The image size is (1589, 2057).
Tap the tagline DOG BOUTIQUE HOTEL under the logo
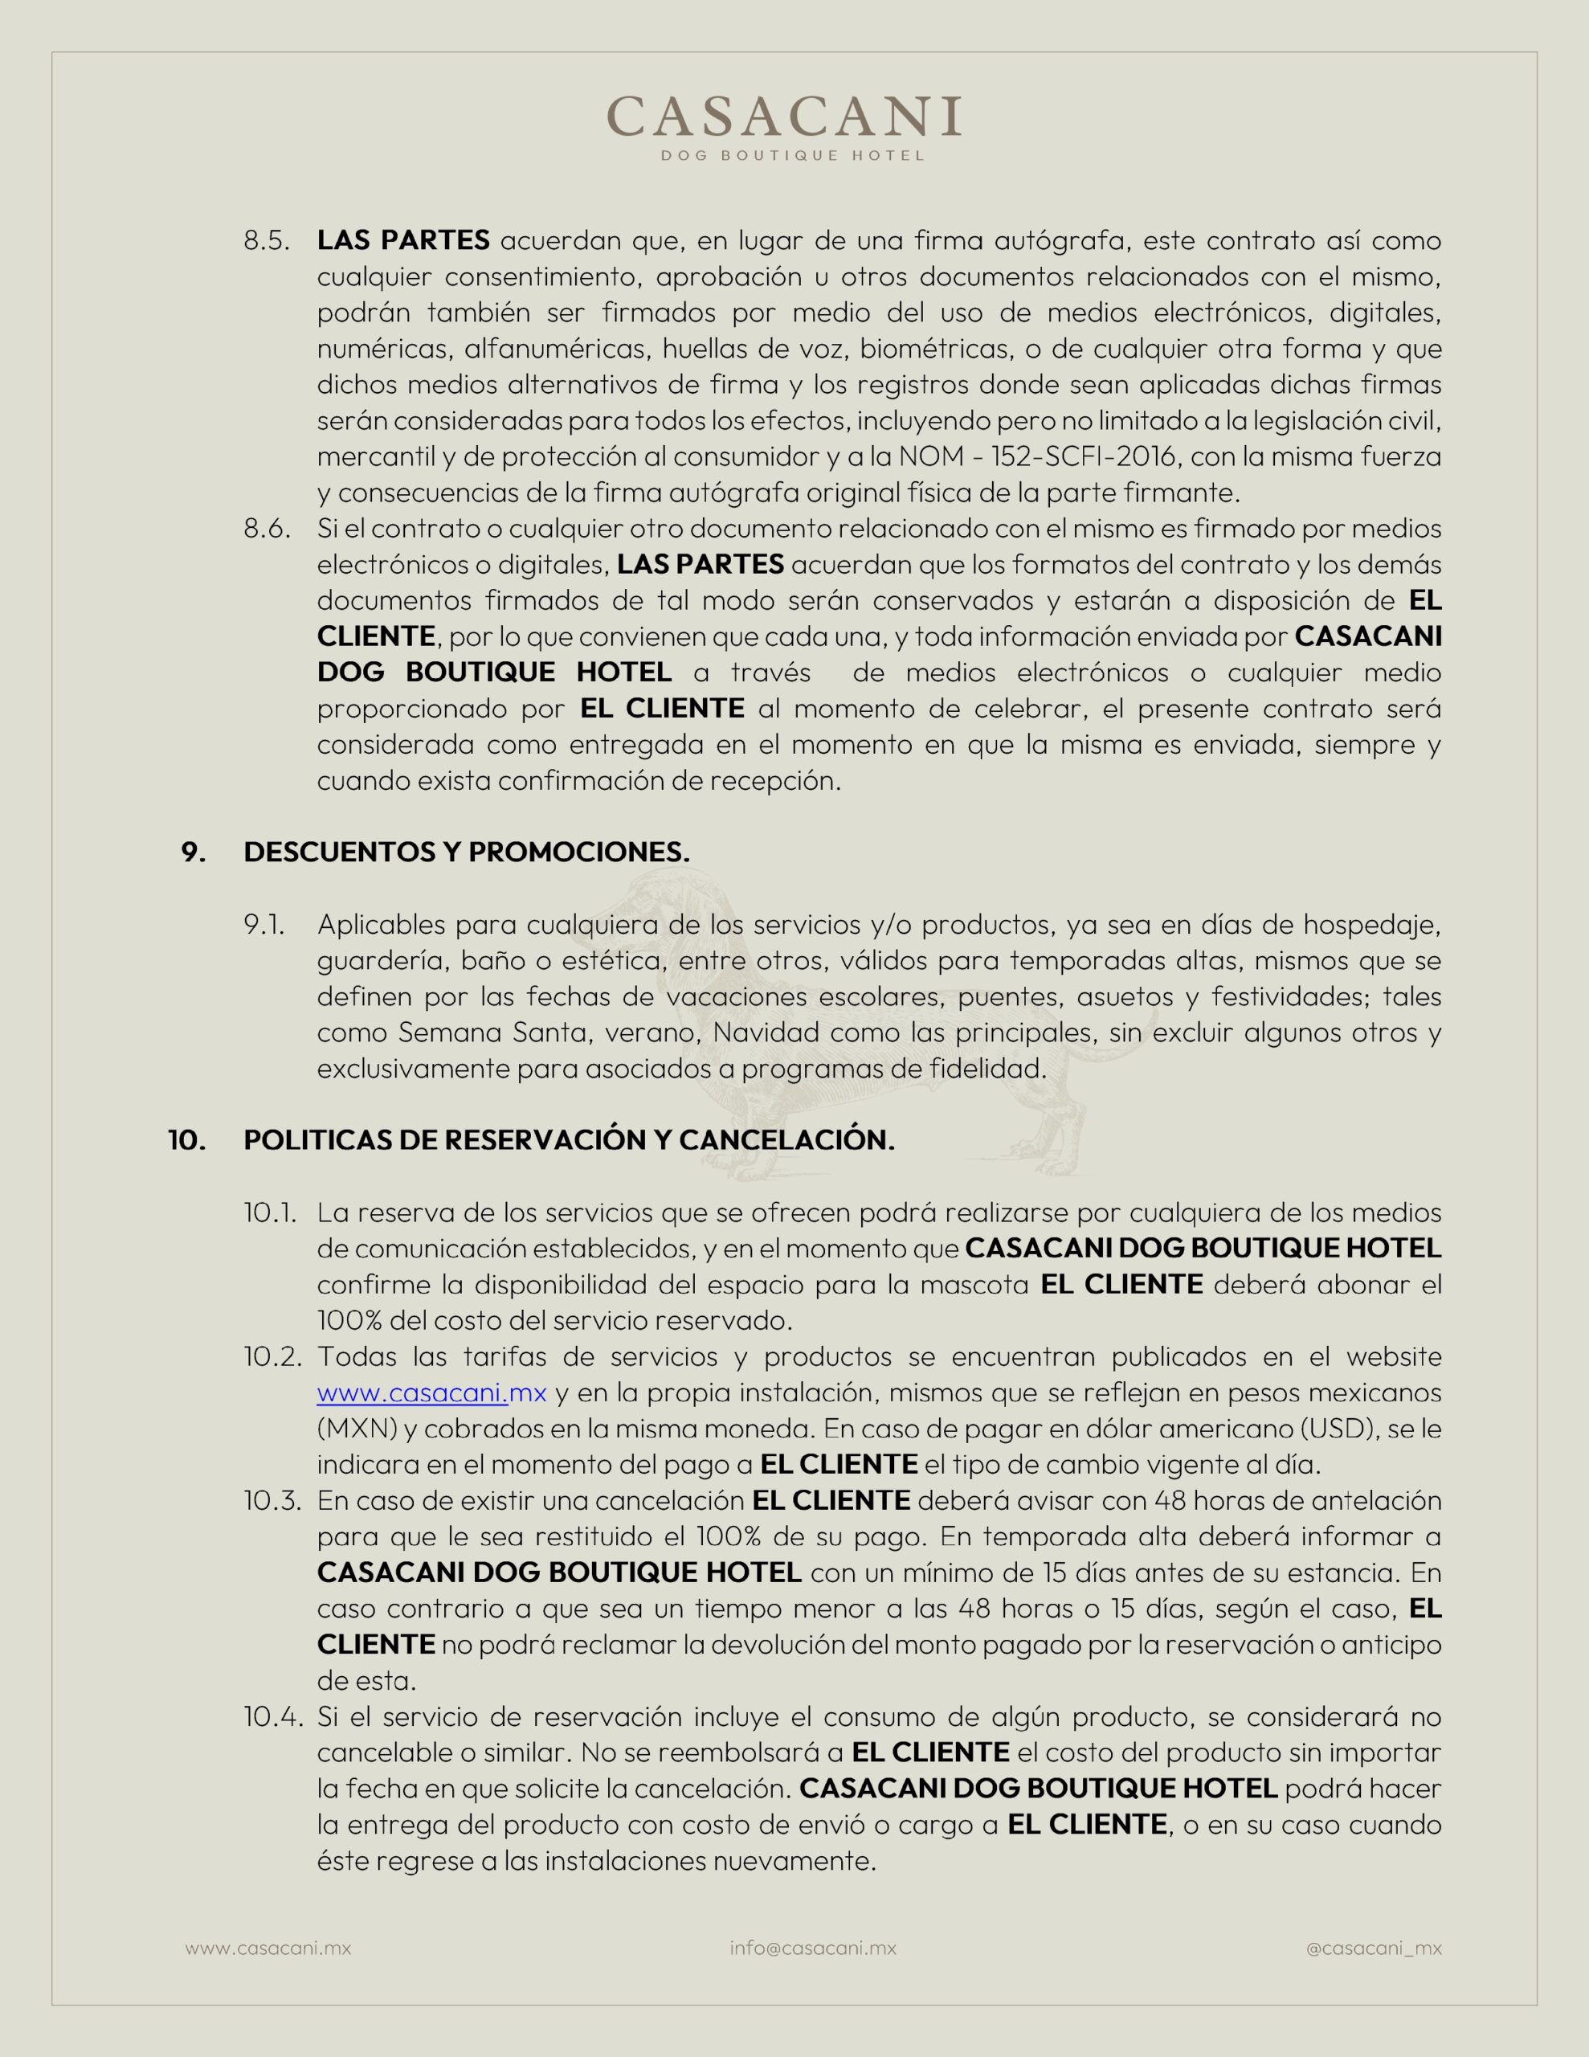pyautogui.click(x=792, y=155)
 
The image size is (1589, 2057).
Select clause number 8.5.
pyautogui.click(x=267, y=241)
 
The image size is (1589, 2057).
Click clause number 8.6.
pyautogui.click(x=267, y=530)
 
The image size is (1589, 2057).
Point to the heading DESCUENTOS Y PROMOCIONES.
pyautogui.click(x=466, y=853)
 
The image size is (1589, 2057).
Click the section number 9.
pyautogui.click(x=193, y=853)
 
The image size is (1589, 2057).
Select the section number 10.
pyautogui.click(x=186, y=1140)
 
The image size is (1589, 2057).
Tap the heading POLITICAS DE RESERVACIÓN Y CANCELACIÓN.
pyautogui.click(x=569, y=1140)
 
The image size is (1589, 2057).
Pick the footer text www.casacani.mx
pyautogui.click(x=268, y=1948)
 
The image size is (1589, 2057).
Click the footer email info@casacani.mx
pyautogui.click(x=813, y=1948)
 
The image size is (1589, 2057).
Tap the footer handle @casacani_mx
pyautogui.click(x=1373, y=1948)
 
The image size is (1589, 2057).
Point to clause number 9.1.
pyautogui.click(x=263, y=925)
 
